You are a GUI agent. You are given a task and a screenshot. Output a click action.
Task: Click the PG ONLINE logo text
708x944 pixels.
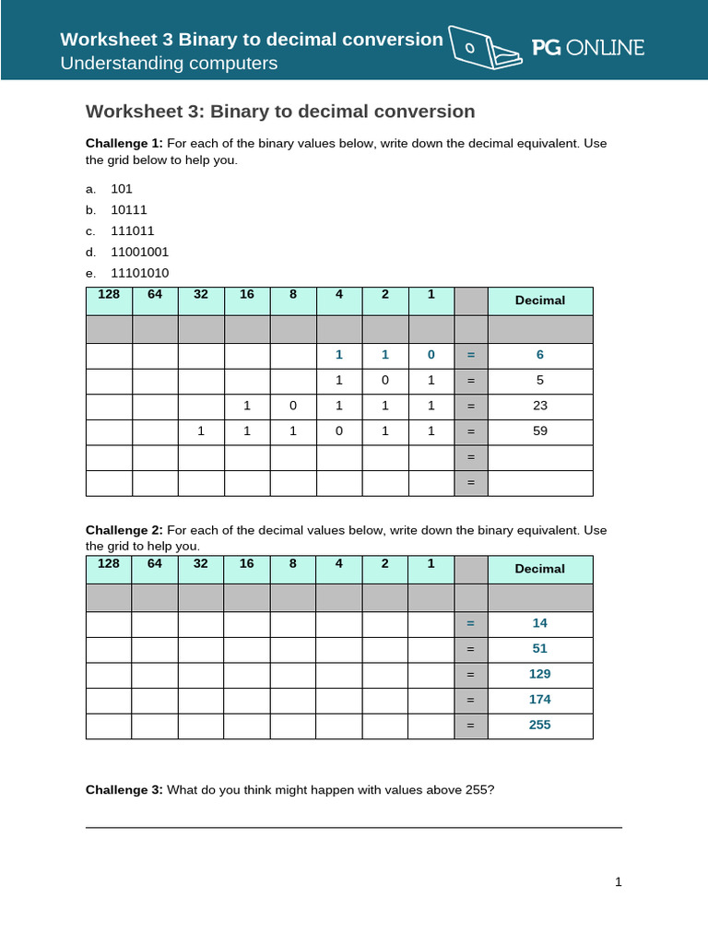click(x=588, y=48)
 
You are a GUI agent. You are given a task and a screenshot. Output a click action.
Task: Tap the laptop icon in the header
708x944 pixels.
click(x=482, y=48)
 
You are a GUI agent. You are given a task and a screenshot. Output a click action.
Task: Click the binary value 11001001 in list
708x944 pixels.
click(x=140, y=252)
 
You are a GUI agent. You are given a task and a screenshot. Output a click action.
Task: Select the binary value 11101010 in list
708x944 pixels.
click(x=140, y=273)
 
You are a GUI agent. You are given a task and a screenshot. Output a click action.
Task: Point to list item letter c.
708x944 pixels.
click(x=90, y=230)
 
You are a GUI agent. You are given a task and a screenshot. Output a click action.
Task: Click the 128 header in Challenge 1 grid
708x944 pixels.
click(x=109, y=295)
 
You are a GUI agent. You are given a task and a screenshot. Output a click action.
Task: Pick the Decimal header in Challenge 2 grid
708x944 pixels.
click(x=539, y=569)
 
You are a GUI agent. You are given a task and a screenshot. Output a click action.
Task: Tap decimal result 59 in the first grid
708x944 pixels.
click(x=540, y=430)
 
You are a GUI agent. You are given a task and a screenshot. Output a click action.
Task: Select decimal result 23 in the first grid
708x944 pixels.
click(x=540, y=405)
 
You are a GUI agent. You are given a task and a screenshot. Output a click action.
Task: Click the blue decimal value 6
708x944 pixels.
click(x=540, y=355)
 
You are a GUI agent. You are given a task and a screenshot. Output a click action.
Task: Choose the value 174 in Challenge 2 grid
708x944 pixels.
click(x=539, y=700)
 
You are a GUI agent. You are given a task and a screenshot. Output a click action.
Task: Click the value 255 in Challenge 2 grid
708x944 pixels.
click(x=539, y=725)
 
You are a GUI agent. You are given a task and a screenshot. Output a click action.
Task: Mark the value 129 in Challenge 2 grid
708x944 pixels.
click(x=539, y=674)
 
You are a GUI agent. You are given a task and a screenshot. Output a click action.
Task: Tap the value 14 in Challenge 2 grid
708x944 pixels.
click(x=539, y=623)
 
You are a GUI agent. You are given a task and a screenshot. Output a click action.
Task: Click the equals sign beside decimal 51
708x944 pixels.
click(x=470, y=649)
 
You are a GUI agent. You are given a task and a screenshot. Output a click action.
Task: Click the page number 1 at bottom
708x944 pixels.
click(x=619, y=882)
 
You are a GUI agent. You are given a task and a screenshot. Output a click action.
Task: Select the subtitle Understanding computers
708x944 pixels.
click(x=169, y=64)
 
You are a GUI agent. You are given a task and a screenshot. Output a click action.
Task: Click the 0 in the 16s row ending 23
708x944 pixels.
click(x=293, y=405)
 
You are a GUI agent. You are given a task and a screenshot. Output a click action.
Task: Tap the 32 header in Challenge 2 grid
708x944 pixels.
click(x=201, y=563)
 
